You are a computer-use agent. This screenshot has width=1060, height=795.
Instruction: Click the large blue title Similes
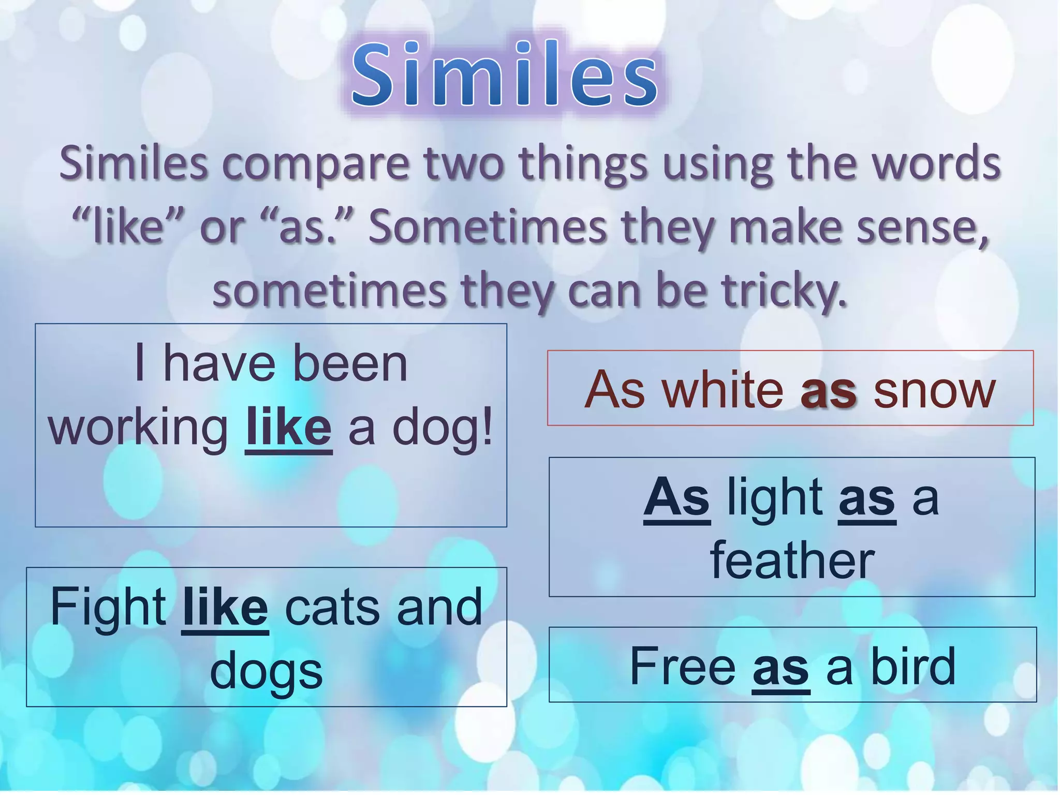click(505, 75)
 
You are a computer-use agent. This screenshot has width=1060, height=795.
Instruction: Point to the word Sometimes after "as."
click(487, 228)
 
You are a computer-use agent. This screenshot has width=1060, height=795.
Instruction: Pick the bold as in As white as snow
click(828, 391)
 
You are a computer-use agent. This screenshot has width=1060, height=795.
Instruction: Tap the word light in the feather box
click(775, 497)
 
